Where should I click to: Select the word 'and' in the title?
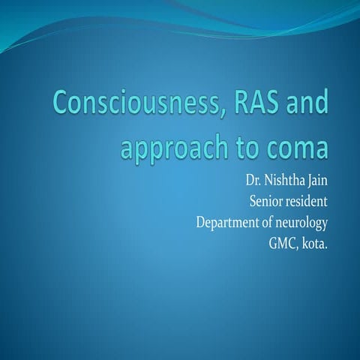coord(306,104)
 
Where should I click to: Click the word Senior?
coord(265,202)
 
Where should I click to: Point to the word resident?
coord(308,202)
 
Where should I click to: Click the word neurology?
coord(303,224)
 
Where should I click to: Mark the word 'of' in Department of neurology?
coord(268,223)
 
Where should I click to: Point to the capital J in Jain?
coord(309,182)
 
